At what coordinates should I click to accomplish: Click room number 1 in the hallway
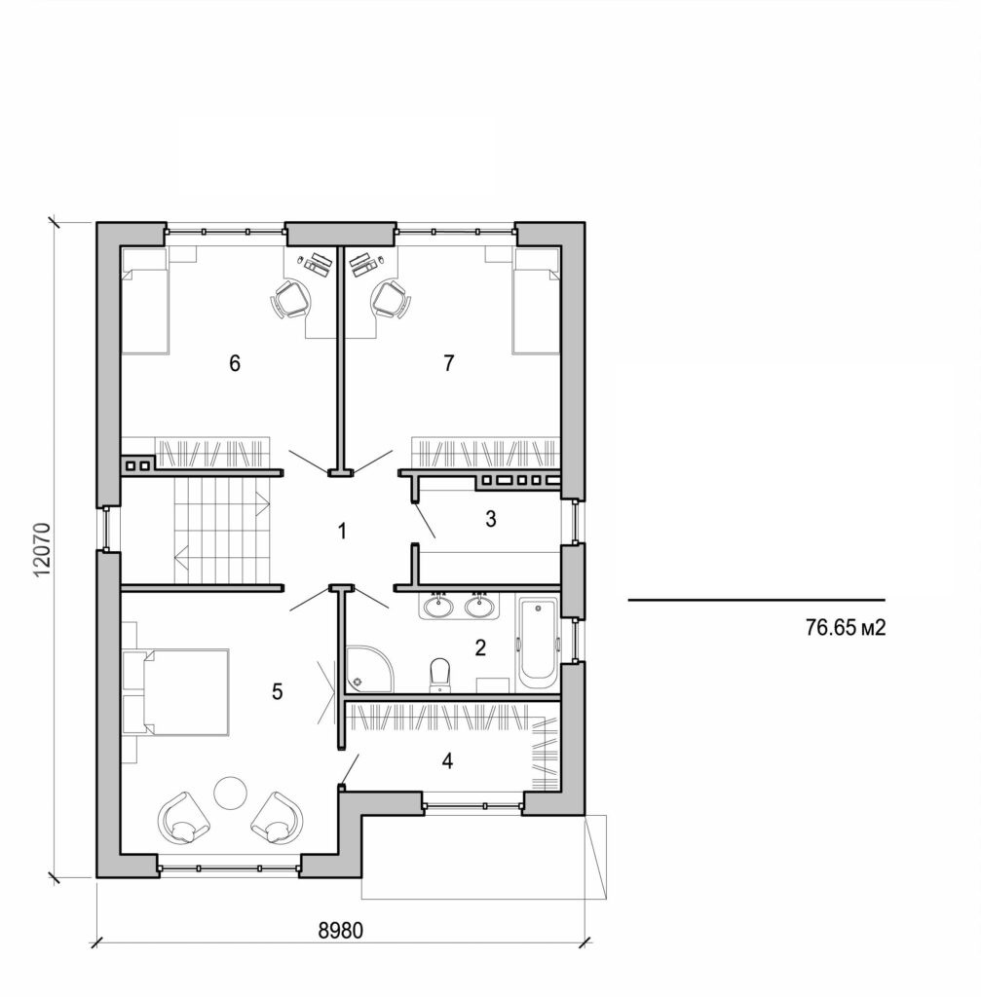point(341,532)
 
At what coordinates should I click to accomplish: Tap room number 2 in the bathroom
point(479,648)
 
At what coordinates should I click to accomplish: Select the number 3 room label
point(491,520)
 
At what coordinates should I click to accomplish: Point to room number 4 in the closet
point(447,761)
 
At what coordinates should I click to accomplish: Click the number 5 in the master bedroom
point(278,692)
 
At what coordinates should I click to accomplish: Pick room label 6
point(234,363)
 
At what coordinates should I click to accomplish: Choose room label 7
point(448,363)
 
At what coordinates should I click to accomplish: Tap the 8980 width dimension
point(341,929)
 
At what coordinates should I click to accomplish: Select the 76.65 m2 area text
point(845,628)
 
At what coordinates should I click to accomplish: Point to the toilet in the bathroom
point(439,674)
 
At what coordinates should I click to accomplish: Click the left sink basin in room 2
point(438,608)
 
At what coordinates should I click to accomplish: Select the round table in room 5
point(233,792)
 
